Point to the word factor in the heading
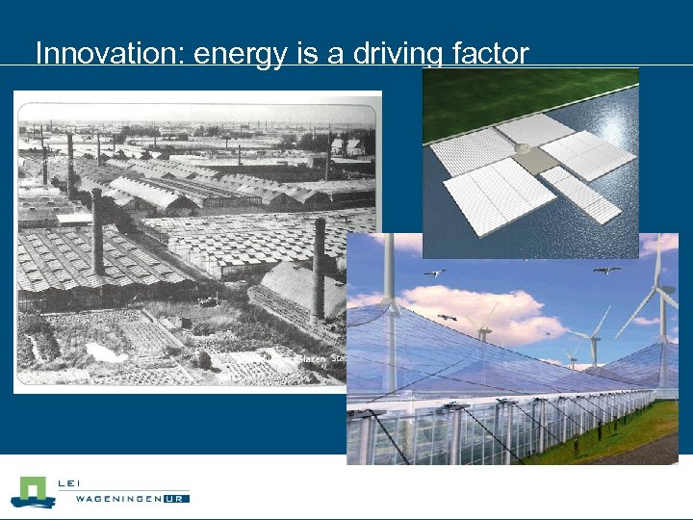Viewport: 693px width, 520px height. click(490, 53)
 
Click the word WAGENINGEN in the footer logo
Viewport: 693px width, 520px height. click(111, 499)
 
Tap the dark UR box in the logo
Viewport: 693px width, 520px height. click(176, 499)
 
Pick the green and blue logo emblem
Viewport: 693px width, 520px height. click(33, 491)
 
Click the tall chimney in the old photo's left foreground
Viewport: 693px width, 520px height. click(96, 231)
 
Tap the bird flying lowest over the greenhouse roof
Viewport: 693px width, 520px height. click(447, 317)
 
